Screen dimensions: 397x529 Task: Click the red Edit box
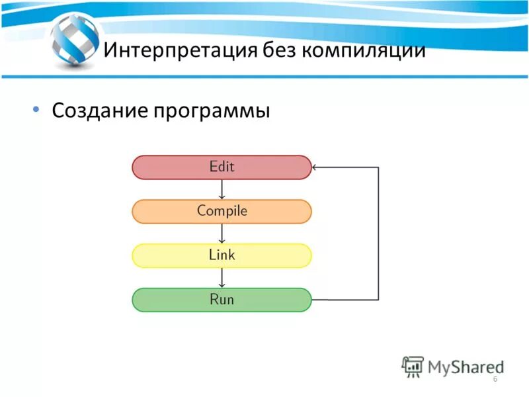click(x=222, y=167)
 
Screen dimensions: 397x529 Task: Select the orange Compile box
click(x=222, y=212)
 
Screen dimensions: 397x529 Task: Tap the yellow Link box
click(x=222, y=255)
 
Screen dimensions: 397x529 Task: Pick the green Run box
click(x=222, y=300)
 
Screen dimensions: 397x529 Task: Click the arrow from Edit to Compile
click(x=222, y=190)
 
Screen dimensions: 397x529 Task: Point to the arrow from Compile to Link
click(x=222, y=234)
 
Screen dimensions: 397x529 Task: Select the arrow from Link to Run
click(x=222, y=278)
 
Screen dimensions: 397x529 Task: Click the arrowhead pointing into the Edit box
click(x=315, y=167)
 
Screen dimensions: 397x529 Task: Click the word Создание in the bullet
click(x=99, y=110)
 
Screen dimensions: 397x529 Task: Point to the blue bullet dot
click(x=36, y=109)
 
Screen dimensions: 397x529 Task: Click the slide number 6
click(x=495, y=378)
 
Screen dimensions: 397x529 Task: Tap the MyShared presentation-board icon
click(x=413, y=366)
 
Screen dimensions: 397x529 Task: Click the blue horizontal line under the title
click(x=264, y=77)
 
